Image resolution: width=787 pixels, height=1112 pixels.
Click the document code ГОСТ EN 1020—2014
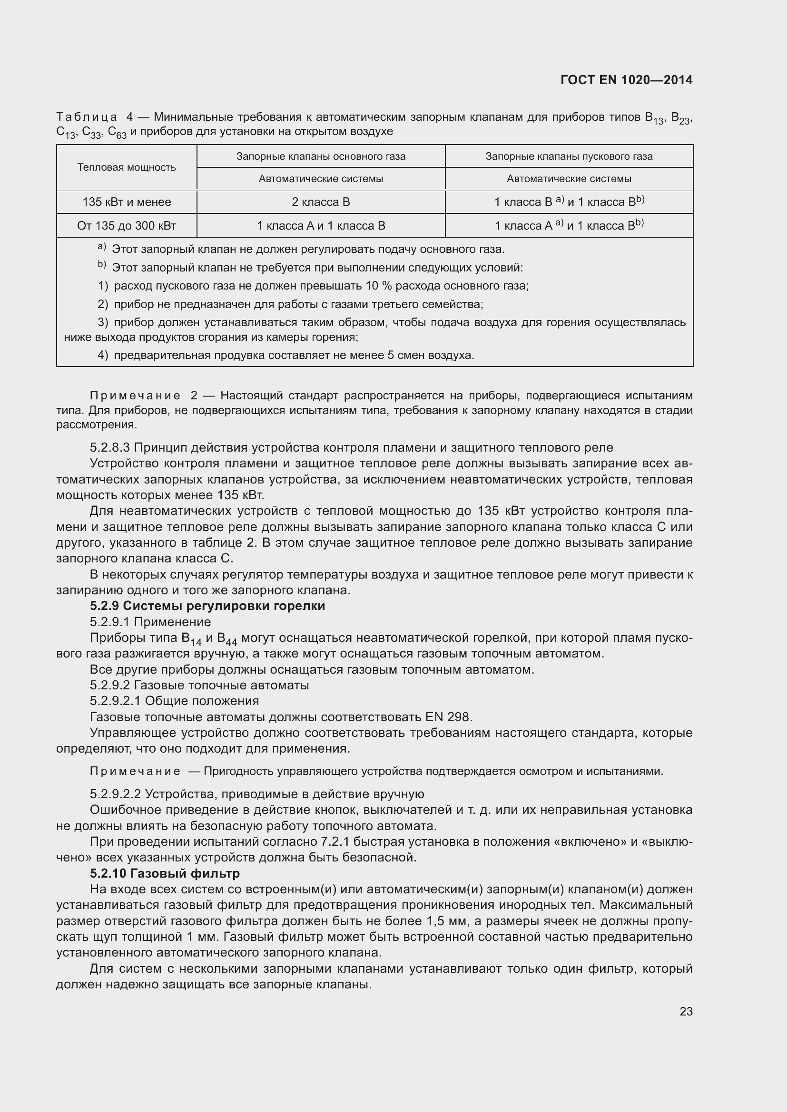[626, 80]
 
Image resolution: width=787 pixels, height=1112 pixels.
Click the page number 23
[686, 1011]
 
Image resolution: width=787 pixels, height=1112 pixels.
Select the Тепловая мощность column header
[127, 167]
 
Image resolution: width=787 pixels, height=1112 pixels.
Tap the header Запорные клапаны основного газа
[321, 156]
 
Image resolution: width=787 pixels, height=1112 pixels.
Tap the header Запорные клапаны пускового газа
[569, 156]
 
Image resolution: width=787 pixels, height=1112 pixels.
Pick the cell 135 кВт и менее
[127, 202]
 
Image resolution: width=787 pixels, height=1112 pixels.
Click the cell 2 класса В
[321, 202]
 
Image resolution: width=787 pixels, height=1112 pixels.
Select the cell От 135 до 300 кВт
[127, 226]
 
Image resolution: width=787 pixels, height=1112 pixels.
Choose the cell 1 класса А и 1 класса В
[321, 226]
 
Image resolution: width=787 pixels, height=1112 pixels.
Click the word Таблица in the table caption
[86, 117]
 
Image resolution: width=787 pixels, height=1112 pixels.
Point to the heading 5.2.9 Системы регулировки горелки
[207, 606]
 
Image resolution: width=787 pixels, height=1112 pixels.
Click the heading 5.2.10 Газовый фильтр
[165, 873]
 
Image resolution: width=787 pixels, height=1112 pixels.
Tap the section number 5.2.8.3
[109, 447]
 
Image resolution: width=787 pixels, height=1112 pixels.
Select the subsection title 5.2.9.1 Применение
[150, 622]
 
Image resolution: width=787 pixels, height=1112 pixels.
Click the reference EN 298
[448, 717]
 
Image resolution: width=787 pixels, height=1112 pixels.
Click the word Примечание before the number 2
[135, 396]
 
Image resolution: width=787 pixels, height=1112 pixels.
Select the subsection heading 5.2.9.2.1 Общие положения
[175, 701]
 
